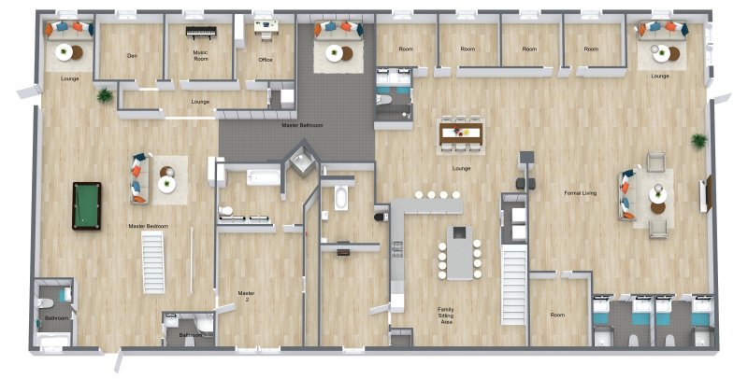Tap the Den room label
click(132, 56)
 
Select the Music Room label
click(200, 56)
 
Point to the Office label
click(266, 61)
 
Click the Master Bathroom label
click(304, 124)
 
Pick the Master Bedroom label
click(148, 226)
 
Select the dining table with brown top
click(461, 134)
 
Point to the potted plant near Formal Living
click(698, 140)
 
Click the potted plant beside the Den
click(105, 94)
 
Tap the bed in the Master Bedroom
click(152, 261)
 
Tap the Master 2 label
click(246, 297)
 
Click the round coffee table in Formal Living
click(658, 194)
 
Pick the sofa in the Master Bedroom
click(138, 177)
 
